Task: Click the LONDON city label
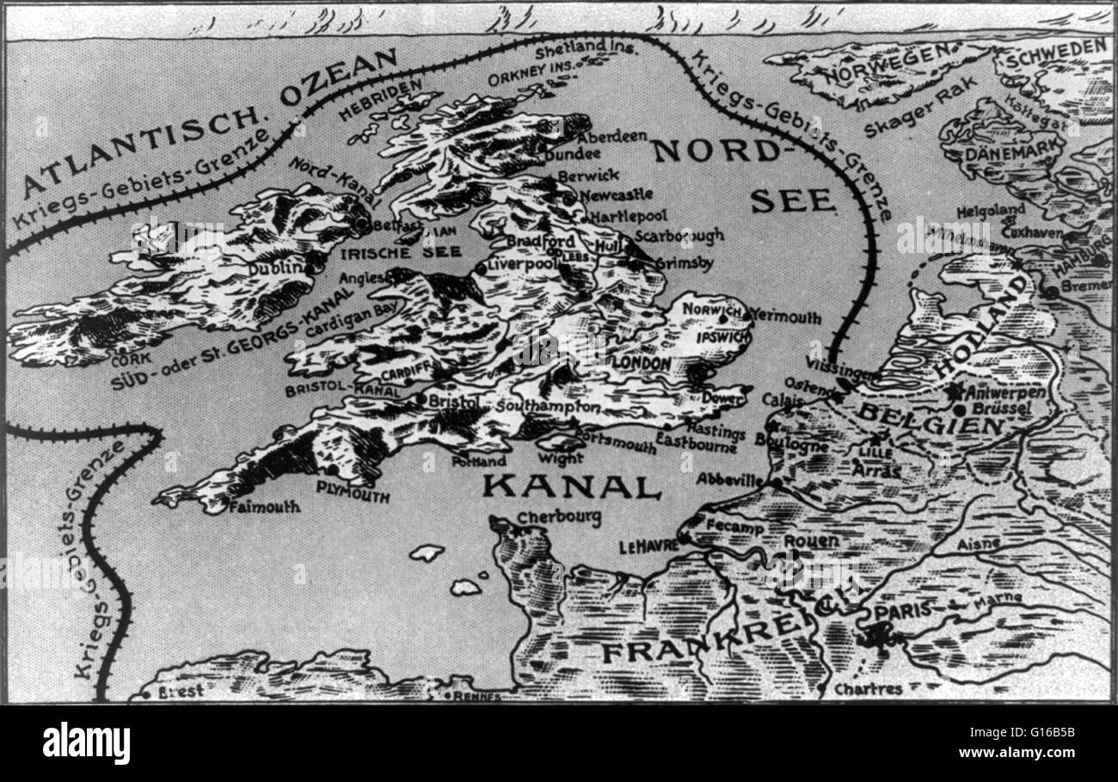tap(641, 364)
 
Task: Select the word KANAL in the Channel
tap(571, 486)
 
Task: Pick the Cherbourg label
tap(559, 518)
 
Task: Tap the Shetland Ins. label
tap(587, 49)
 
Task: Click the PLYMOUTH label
tap(353, 492)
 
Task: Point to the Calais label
tap(782, 401)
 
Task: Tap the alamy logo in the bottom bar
tap(86, 742)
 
